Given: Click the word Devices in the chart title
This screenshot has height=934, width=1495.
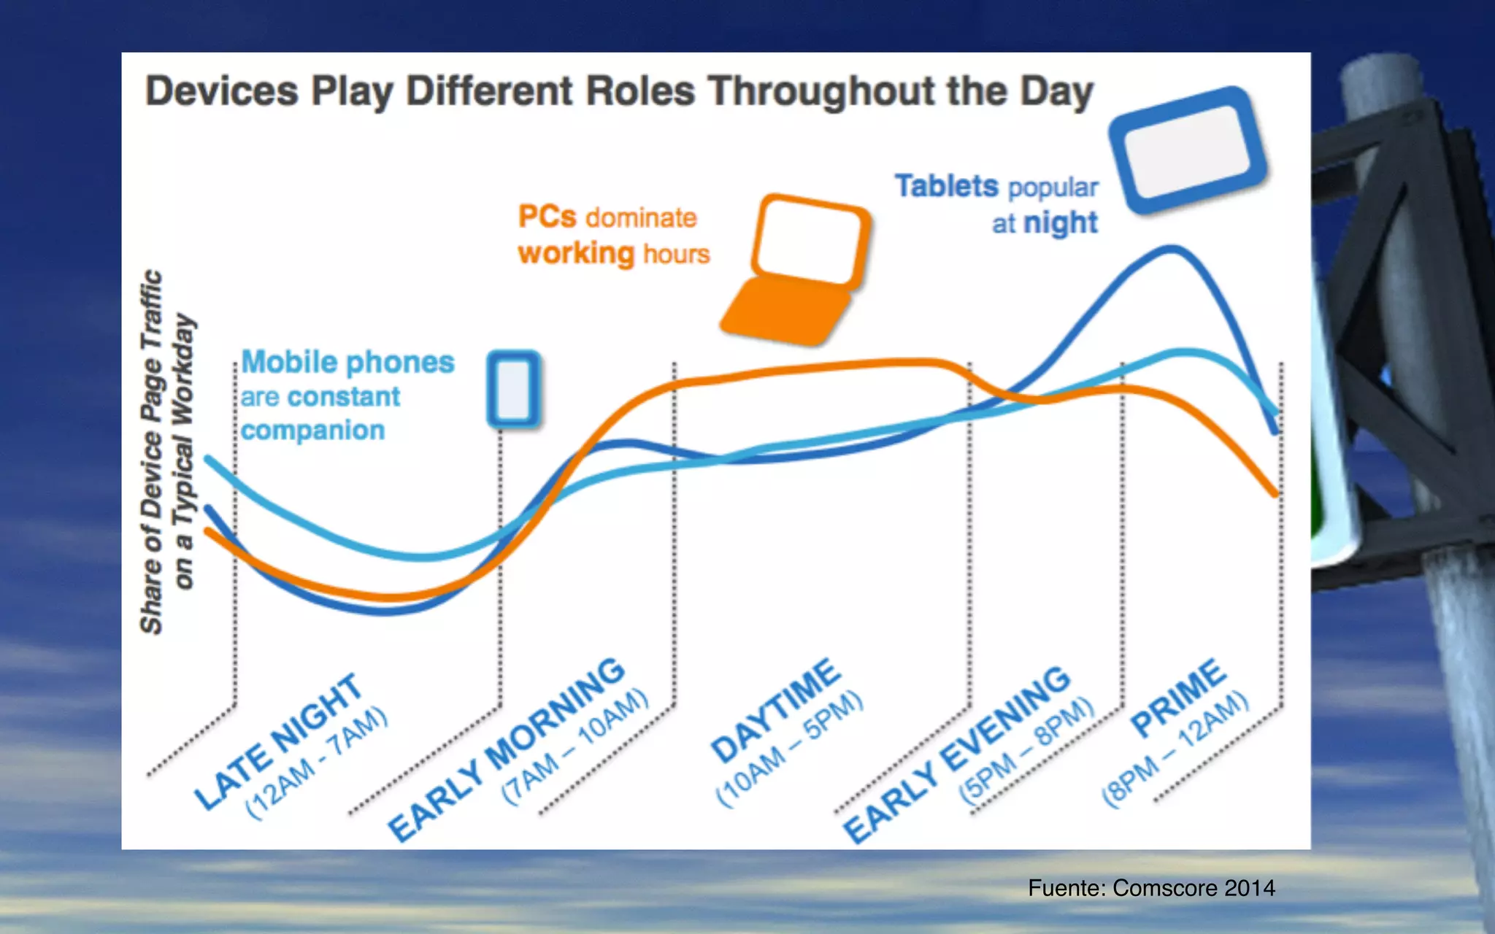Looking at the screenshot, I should [222, 92].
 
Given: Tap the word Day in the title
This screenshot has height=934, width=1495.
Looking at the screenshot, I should [1056, 92].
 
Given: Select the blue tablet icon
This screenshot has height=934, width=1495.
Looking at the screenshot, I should [1188, 150].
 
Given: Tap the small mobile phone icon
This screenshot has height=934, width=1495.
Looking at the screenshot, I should [514, 388].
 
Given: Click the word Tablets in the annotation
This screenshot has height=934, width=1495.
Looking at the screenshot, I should [946, 186].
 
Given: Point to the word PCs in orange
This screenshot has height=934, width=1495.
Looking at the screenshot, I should [547, 217].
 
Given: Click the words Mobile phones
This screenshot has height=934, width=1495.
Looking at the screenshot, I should [347, 362].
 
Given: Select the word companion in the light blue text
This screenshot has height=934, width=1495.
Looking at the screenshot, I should [312, 431].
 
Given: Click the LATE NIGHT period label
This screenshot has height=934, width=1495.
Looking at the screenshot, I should [278, 740].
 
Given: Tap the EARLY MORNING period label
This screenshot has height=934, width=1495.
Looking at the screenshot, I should [507, 748].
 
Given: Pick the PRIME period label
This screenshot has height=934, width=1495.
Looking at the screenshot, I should [1177, 697].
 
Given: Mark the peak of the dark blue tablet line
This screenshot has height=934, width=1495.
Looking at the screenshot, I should [1171, 250].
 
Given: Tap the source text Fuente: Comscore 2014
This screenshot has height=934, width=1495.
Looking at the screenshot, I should [1151, 888].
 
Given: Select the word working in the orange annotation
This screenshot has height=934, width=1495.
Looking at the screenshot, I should [576, 253].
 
